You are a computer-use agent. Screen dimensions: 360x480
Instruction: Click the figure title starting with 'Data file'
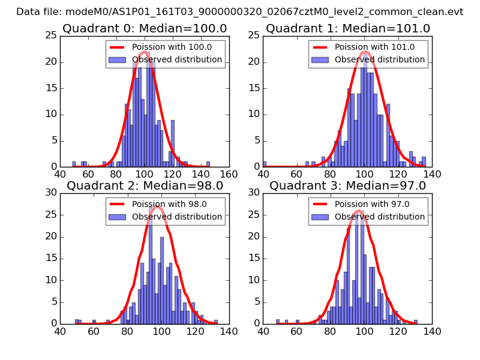240,11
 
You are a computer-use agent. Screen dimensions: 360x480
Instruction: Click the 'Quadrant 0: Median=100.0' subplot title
145,28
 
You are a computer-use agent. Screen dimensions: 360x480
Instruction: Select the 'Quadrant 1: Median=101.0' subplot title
348,28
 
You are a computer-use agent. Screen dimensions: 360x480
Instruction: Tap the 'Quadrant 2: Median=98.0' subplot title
145,185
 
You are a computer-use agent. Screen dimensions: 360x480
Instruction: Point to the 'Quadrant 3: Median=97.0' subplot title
348,185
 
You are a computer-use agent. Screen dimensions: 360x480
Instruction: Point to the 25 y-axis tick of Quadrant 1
254,37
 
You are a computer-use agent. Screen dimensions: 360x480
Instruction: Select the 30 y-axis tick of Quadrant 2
52,193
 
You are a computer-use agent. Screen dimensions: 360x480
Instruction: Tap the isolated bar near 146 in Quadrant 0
208,164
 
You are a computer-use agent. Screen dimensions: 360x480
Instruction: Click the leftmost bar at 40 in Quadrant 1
265,164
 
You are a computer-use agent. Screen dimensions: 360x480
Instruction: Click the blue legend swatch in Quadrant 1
320,59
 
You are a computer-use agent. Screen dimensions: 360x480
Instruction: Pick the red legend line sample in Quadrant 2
117,204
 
